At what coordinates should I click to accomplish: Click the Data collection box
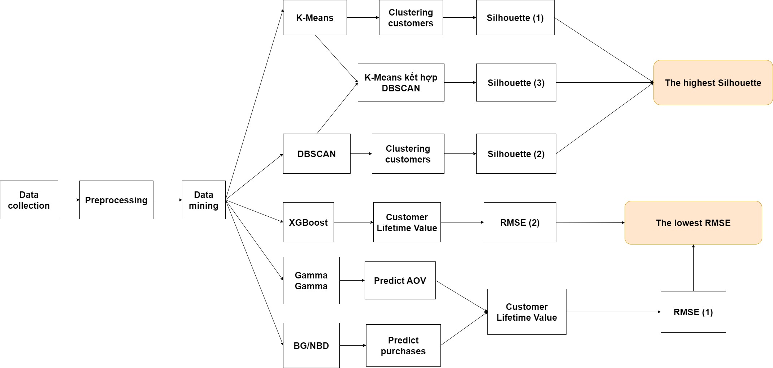pyautogui.click(x=29, y=200)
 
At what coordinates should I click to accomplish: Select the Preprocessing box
pyautogui.click(x=116, y=200)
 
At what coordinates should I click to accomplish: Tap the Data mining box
pyautogui.click(x=204, y=200)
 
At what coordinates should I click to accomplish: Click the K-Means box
pyautogui.click(x=315, y=17)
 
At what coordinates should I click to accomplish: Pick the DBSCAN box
pyautogui.click(x=317, y=153)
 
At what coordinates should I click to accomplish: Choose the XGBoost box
pyautogui.click(x=308, y=222)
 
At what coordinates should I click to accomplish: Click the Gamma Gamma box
pyautogui.click(x=311, y=280)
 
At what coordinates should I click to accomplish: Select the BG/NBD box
pyautogui.click(x=311, y=345)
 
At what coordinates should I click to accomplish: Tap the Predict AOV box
pyautogui.click(x=400, y=280)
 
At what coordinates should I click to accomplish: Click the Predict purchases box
pyautogui.click(x=403, y=345)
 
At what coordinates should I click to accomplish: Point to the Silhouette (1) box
pyautogui.click(x=515, y=17)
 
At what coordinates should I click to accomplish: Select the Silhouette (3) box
pyautogui.click(x=516, y=82)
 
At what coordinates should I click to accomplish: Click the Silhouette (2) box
pyautogui.click(x=516, y=153)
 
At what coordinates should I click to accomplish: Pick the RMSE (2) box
pyautogui.click(x=520, y=222)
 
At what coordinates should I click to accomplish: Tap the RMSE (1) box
pyautogui.click(x=693, y=312)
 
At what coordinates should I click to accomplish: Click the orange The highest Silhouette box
pyautogui.click(x=713, y=82)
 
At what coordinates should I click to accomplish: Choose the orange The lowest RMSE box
pyautogui.click(x=693, y=222)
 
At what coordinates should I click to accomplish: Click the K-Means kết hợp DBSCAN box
pyautogui.click(x=401, y=82)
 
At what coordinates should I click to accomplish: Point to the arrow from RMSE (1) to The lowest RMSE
pyautogui.click(x=693, y=268)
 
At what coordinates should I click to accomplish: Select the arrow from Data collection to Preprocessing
pyautogui.click(x=69, y=200)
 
